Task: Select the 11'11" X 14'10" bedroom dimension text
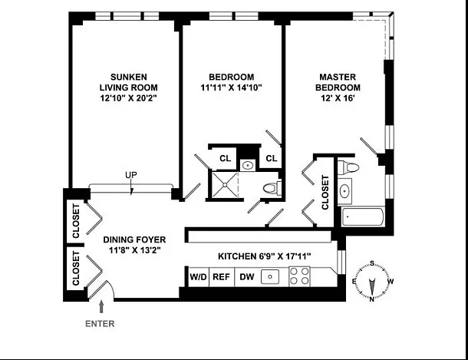point(232,88)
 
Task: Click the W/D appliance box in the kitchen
point(197,277)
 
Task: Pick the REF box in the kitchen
point(221,277)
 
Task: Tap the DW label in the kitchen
point(247,277)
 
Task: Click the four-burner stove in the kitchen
point(298,277)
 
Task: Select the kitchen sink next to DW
point(270,277)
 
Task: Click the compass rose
point(371,281)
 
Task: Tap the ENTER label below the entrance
point(99,324)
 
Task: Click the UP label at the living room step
point(131,177)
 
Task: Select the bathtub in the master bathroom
point(363,216)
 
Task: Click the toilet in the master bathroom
point(346,167)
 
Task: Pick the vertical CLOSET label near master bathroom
point(325,192)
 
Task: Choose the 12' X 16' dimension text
point(338,98)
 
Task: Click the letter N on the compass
point(371,299)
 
